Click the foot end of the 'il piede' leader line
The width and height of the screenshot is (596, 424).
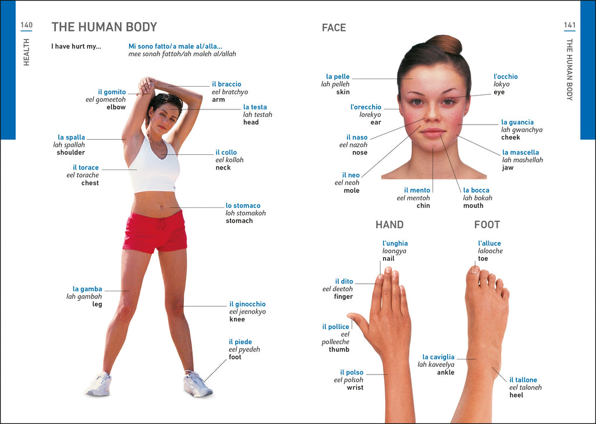204,381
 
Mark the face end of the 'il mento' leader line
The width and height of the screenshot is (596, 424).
432,149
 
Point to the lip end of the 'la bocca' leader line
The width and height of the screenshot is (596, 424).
440,134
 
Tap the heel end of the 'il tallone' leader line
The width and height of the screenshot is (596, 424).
492,368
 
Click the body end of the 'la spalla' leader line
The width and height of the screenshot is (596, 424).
126,139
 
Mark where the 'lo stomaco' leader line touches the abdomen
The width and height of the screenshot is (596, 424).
170,207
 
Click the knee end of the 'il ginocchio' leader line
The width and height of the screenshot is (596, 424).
180,306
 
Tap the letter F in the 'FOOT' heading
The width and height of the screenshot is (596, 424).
477,225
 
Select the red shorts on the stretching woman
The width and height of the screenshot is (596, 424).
155,232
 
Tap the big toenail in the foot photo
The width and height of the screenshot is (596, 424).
474,270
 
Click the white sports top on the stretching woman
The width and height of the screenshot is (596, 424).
154,166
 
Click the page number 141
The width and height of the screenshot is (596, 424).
569,25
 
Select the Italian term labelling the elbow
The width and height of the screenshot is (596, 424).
112,92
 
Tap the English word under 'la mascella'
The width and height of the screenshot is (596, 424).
508,168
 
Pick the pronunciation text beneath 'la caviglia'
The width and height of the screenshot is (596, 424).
435,365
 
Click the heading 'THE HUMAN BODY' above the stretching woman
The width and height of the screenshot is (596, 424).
104,27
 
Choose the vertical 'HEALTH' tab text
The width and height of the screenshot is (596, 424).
26,52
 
